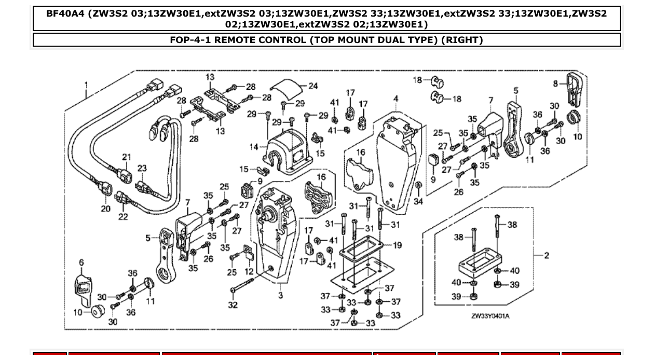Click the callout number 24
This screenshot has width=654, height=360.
(313, 86)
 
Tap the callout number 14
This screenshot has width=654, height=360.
(254, 147)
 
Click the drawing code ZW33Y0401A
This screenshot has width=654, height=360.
(490, 316)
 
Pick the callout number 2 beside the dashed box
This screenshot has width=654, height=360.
(546, 255)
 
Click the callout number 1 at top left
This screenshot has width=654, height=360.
(86, 85)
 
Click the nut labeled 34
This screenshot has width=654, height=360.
(418, 185)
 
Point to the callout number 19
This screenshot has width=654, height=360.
(397, 245)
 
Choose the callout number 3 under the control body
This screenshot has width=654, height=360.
(280, 296)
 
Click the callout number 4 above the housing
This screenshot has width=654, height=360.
(396, 99)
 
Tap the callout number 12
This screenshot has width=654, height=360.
(249, 271)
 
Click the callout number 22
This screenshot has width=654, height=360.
(123, 216)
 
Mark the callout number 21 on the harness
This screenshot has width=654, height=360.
(127, 157)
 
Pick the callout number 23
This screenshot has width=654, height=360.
(142, 168)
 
